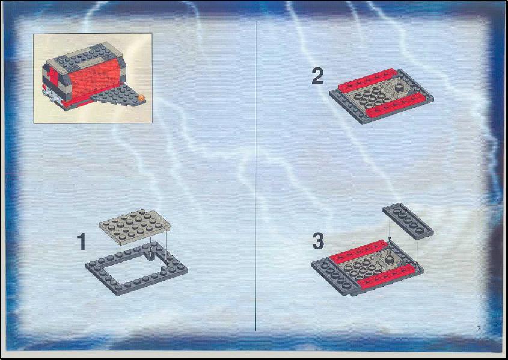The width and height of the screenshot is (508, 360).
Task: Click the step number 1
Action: pos(82,242)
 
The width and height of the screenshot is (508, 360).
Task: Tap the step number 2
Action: pos(318,77)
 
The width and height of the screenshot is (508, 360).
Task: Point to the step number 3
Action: pos(318,242)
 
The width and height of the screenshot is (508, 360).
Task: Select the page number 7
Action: pos(479,328)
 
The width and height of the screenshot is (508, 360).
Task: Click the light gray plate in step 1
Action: pos(135,227)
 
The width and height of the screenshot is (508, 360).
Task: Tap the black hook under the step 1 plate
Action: pos(151,256)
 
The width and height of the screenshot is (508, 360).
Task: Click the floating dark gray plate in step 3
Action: pos(408,221)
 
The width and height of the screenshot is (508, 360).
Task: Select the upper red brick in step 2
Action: pos(368,80)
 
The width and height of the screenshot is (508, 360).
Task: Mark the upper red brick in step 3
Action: pos(359,252)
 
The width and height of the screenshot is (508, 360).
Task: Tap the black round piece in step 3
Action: pos(390,258)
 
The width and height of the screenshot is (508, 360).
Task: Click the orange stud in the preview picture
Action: pos(141,97)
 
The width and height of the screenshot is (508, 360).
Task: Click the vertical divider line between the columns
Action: pos(256,175)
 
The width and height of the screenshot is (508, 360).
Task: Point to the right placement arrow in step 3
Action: pos(417,252)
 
